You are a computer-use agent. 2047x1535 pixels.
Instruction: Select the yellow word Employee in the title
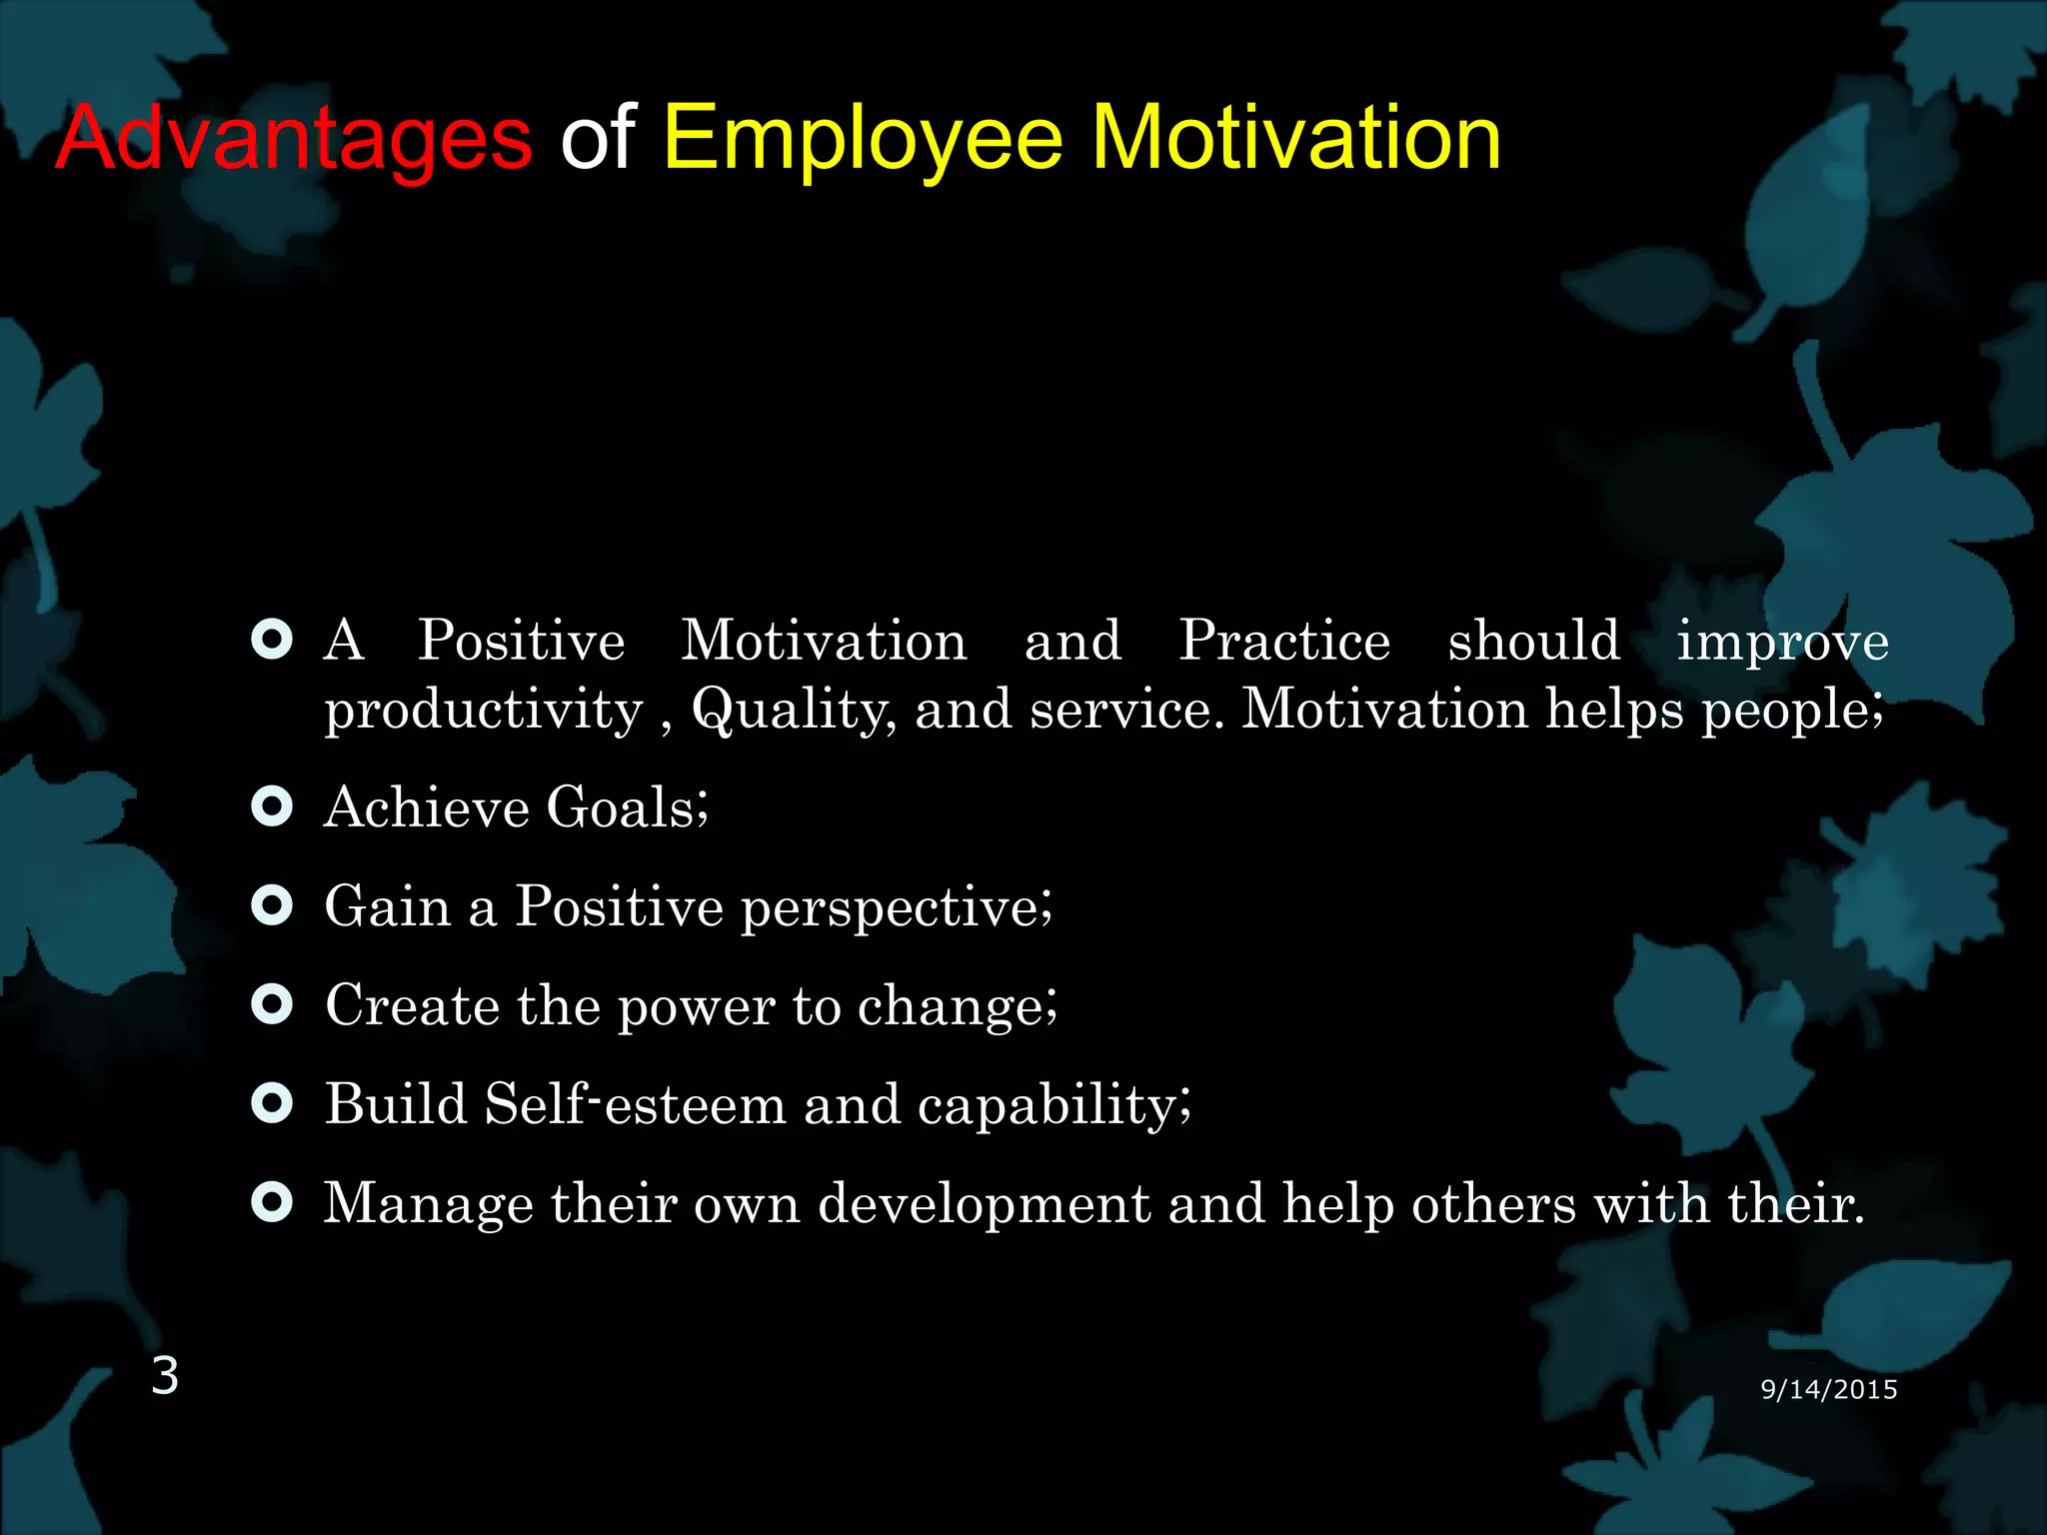[x=863, y=140]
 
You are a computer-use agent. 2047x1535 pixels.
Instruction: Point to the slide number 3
[x=165, y=1376]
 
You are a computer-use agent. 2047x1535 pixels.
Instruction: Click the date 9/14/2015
[x=1828, y=1389]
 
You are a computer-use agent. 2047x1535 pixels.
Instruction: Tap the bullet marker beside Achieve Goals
[x=272, y=805]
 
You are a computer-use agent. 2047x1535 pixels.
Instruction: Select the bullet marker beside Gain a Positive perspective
[x=272, y=905]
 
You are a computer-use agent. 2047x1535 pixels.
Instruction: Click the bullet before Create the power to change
[x=272, y=1004]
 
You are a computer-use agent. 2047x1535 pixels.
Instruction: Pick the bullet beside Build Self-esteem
[x=272, y=1103]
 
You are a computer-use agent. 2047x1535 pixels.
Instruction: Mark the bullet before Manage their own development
[x=272, y=1202]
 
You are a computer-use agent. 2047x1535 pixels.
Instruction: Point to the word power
[x=696, y=1006]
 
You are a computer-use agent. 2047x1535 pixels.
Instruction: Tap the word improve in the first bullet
[x=1782, y=642]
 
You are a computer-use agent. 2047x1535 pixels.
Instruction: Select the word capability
[x=1052, y=1106]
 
